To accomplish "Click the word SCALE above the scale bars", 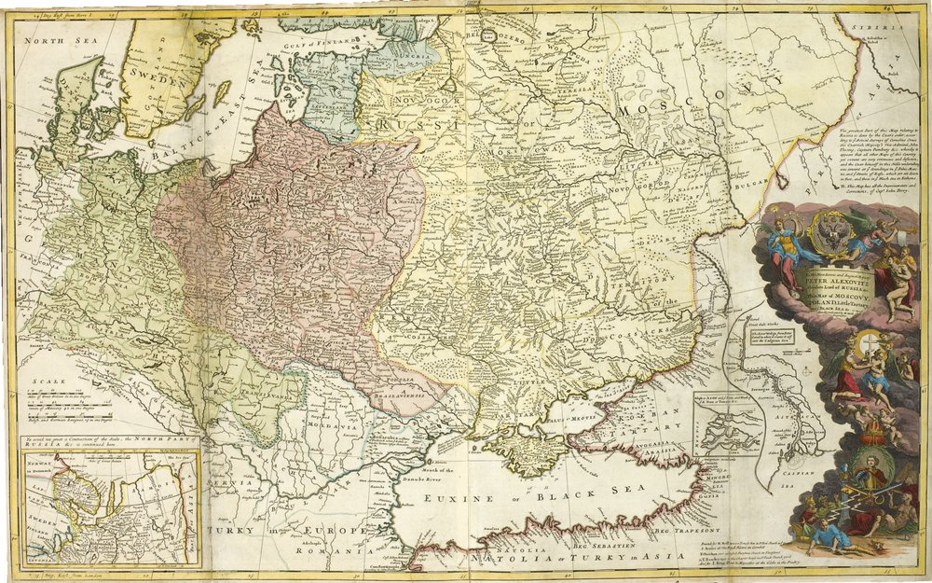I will pyautogui.click(x=46, y=381).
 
